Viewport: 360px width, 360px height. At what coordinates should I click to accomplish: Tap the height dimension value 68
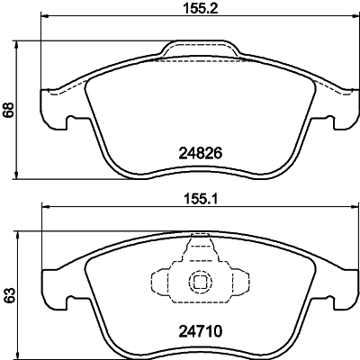click(x=10, y=109)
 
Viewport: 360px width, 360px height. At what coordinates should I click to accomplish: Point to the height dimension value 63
click(x=10, y=294)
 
